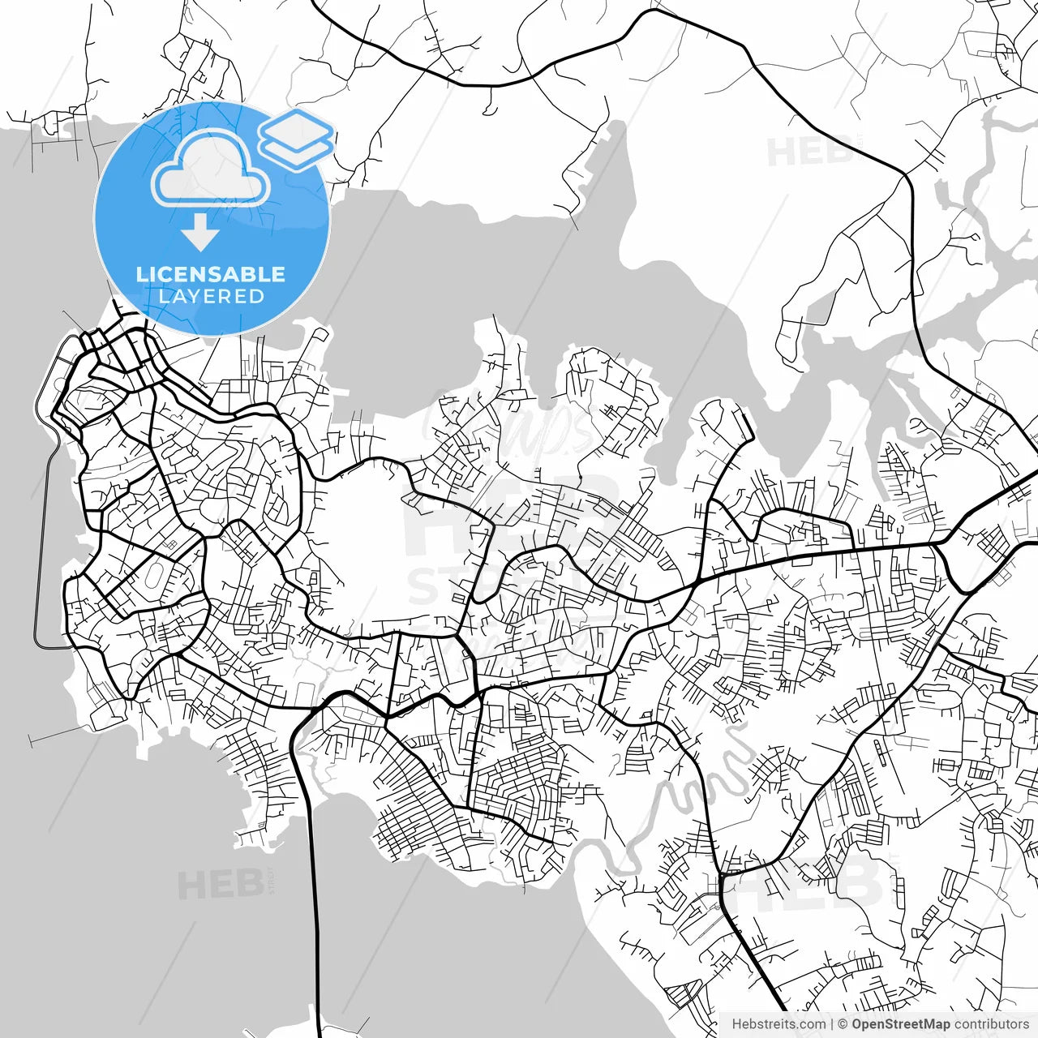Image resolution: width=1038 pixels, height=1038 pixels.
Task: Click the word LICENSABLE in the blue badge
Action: coord(211,274)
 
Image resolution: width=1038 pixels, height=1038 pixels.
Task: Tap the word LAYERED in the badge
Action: coord(211,296)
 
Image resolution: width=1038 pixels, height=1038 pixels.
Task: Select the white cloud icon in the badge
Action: coord(212,169)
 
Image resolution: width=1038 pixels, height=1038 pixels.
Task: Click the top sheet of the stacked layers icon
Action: coord(296,127)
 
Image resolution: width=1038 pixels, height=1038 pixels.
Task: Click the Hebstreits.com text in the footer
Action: coord(778,1024)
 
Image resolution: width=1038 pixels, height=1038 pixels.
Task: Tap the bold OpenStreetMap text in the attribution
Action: coord(900,1024)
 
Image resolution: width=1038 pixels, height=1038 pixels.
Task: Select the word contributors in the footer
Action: coord(991,1024)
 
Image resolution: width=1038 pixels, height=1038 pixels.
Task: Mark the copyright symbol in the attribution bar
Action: coord(843,1024)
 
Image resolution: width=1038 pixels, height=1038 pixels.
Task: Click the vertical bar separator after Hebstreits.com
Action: coord(832,1024)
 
